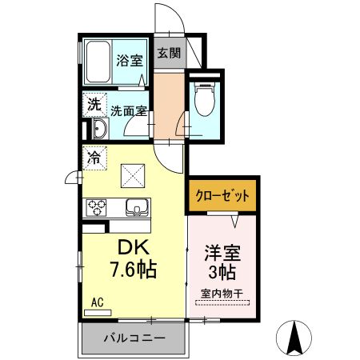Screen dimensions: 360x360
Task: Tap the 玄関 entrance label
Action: (168, 54)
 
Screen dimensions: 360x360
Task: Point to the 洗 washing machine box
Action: (94, 104)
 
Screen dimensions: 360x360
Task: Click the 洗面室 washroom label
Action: (128, 111)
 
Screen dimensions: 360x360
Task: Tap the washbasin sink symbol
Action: (98, 130)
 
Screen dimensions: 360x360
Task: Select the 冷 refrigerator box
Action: (94, 157)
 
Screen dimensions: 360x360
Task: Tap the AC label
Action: (97, 302)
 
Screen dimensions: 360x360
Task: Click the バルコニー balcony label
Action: (134, 338)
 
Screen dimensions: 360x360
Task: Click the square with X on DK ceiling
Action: (132, 174)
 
